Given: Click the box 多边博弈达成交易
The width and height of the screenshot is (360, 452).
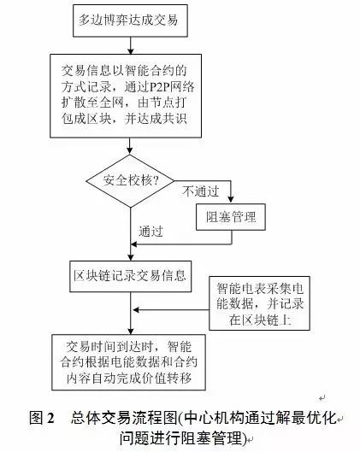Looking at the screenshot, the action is tap(130, 21).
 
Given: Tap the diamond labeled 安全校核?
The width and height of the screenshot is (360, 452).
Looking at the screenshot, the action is tap(130, 181).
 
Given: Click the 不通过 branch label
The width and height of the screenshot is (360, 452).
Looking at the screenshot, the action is tap(201, 191).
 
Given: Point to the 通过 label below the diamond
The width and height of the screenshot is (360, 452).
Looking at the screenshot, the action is tap(150, 232).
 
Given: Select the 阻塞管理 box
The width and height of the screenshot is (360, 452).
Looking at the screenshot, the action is tap(231, 217).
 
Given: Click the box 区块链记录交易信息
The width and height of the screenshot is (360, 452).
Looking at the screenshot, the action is tap(130, 276).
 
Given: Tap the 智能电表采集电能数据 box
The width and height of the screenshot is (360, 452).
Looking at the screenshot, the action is tap(259, 303).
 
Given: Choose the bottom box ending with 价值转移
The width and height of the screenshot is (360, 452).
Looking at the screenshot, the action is tap(128, 362).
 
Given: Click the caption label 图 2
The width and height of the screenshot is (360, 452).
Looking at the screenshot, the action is tap(42, 418).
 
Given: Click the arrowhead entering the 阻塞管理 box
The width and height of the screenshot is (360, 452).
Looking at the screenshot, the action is tap(231, 199).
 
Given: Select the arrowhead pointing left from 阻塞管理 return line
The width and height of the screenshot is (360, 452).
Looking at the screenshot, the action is tap(134, 244).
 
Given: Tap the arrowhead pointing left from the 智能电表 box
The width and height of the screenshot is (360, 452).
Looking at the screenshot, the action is tap(136, 310).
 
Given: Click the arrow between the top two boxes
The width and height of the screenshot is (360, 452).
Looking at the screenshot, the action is tap(130, 45).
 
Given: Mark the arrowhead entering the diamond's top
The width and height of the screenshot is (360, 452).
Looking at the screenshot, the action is tap(130, 150).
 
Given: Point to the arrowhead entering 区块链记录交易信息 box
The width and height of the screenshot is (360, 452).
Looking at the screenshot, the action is tap(131, 257).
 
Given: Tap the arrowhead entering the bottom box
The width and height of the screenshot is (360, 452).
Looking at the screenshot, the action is tap(131, 331).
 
